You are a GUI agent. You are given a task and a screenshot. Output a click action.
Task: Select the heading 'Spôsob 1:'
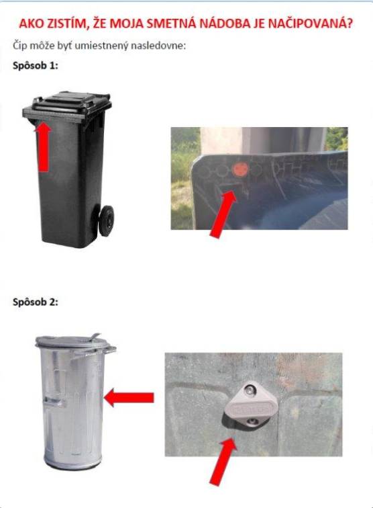point(36,66)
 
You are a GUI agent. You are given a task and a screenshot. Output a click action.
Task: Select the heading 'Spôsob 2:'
point(36,302)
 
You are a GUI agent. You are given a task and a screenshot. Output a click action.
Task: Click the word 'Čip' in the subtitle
point(19,46)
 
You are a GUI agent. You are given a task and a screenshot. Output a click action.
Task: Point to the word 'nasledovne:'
point(158,46)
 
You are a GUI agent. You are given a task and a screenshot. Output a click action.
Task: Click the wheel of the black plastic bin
point(106,220)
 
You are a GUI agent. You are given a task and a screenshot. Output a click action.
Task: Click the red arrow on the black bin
point(43,146)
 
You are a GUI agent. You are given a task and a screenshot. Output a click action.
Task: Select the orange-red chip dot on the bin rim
point(240,169)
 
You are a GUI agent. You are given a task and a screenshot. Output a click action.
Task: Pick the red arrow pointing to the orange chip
point(223,214)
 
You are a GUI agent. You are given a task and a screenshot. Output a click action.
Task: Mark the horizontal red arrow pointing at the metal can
point(129,398)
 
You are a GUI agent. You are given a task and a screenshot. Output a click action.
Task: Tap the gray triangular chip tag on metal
point(248,406)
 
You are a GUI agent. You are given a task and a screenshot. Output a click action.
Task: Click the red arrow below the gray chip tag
point(223,462)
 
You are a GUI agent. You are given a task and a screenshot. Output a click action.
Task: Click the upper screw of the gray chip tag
point(250,390)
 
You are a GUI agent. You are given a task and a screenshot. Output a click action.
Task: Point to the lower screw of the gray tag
point(252,421)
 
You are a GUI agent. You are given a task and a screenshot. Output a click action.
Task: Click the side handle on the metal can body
point(54,402)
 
